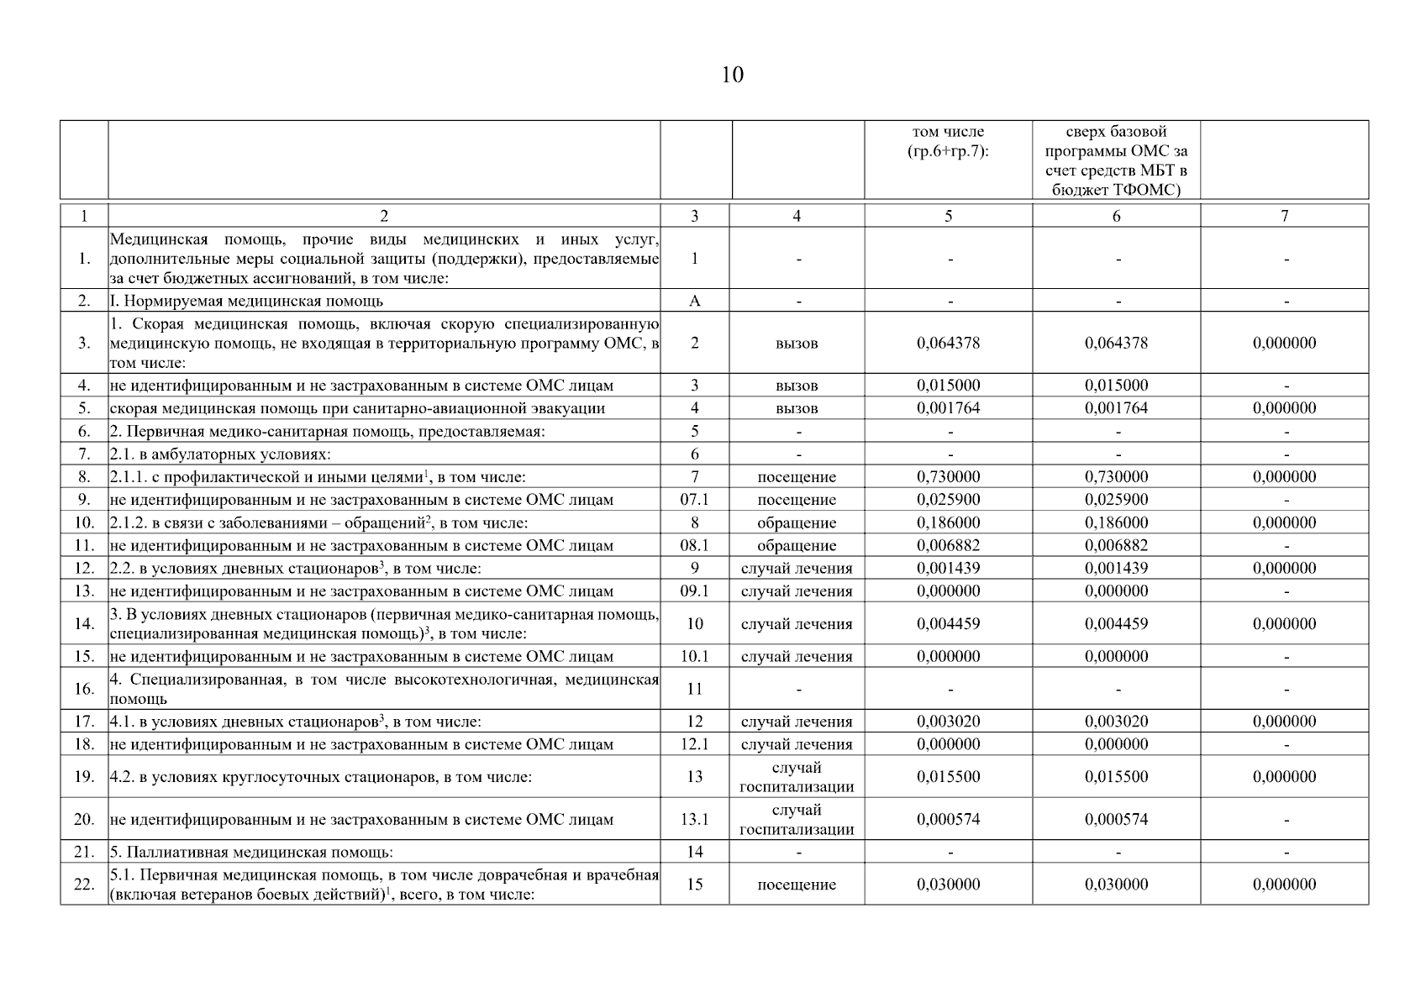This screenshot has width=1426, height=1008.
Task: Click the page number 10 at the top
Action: (732, 76)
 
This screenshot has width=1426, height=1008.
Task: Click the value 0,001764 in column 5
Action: (948, 408)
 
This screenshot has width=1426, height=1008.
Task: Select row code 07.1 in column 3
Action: (694, 500)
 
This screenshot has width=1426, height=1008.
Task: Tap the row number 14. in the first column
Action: (84, 624)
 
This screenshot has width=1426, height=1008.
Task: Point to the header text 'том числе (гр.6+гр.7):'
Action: (948, 141)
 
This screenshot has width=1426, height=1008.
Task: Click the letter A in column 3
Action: (694, 301)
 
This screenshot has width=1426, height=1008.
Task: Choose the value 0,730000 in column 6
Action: (1116, 477)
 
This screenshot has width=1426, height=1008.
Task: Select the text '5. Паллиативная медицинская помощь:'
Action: (251, 852)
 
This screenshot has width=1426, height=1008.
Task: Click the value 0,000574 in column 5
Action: (948, 819)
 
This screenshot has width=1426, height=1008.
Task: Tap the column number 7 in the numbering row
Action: (1284, 216)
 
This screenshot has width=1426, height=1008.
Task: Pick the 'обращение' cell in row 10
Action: (797, 522)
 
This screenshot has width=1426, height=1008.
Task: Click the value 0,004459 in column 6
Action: (1116, 624)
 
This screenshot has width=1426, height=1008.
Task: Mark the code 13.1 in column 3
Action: (694, 819)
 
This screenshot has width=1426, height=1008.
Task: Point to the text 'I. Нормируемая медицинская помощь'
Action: (246, 301)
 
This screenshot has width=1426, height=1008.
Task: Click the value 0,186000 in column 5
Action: (948, 522)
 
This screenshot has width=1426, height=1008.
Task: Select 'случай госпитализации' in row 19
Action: (797, 777)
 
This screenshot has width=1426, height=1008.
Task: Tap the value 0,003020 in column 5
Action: (948, 722)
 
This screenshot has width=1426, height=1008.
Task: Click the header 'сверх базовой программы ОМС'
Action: (1116, 160)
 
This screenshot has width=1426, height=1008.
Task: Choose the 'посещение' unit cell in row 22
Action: (797, 885)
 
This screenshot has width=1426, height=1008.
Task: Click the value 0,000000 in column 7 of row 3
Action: (1284, 343)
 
